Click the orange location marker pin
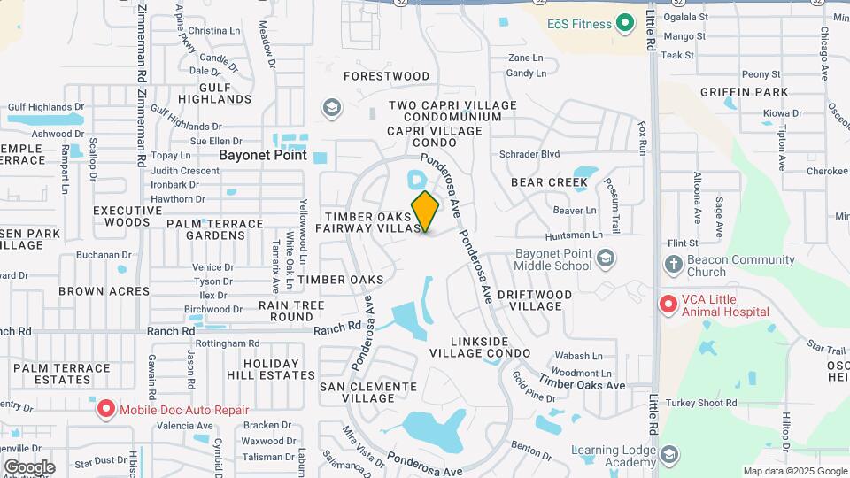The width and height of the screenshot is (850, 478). click(x=425, y=211)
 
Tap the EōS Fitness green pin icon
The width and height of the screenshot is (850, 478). click(x=626, y=22)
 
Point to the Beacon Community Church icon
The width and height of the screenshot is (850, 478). click(x=673, y=264)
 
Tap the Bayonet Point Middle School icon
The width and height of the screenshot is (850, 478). click(x=607, y=258)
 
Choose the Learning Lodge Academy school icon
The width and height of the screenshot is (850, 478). click(x=669, y=456)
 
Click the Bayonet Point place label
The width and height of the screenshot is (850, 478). click(x=262, y=155)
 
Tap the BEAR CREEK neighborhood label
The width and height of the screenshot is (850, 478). click(x=549, y=182)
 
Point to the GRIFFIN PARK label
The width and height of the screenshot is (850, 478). click(x=744, y=92)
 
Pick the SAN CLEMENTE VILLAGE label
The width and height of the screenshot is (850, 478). click(x=367, y=392)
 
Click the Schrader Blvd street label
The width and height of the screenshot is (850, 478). click(x=529, y=154)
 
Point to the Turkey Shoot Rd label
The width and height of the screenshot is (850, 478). click(x=705, y=403)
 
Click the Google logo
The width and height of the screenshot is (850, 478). click(x=29, y=466)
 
